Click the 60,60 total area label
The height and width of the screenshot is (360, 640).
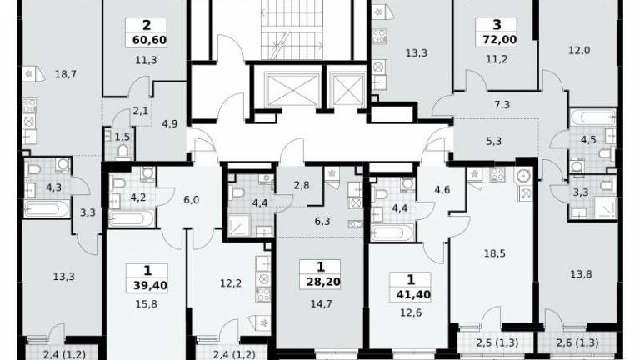tap(149, 40)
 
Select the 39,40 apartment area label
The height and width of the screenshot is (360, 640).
tap(150, 285)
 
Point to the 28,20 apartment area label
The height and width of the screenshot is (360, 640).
tap(323, 281)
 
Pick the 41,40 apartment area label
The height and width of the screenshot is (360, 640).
tap(413, 294)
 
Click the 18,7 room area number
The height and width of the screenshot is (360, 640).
tap(66, 74)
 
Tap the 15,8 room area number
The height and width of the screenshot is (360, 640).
tap(146, 304)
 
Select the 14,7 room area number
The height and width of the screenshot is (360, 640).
tap(321, 303)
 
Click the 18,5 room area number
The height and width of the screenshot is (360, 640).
tap(495, 253)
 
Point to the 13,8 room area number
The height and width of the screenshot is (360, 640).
tap(581, 274)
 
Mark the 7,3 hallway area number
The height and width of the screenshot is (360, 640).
tap(502, 105)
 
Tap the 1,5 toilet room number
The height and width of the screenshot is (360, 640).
tap(122, 137)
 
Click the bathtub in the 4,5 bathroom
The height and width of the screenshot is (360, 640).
tap(592, 117)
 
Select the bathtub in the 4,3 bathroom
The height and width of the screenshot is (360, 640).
tap(46, 208)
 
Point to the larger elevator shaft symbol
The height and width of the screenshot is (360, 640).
tap(292, 90)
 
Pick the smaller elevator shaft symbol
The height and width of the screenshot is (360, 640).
tap(348, 90)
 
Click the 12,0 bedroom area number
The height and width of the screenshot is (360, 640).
tap(579, 51)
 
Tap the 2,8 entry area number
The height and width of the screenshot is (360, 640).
tap(302, 185)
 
